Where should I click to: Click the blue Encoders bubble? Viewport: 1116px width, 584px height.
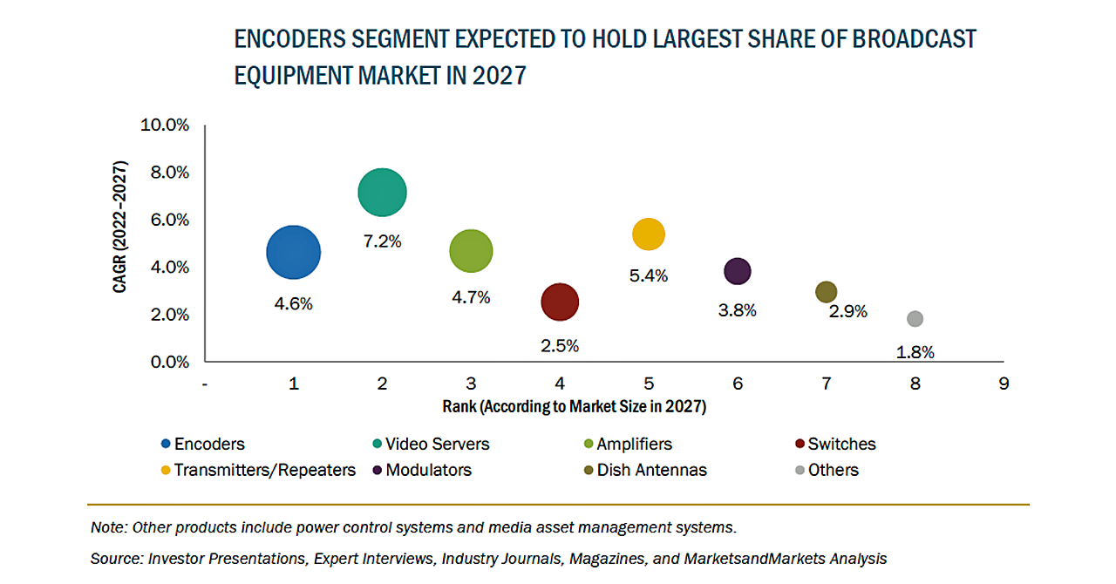pos(294,253)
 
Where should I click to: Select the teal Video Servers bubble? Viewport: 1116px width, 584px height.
pos(382,193)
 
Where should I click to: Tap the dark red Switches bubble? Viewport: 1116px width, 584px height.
pos(560,302)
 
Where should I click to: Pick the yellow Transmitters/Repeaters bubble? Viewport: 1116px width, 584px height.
pos(648,234)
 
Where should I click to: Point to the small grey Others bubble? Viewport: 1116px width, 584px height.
pos(915,319)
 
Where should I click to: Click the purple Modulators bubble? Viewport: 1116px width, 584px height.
pos(738,272)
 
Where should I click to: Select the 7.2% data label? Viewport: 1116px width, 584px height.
pos(382,241)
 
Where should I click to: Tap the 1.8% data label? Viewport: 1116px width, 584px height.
pos(915,352)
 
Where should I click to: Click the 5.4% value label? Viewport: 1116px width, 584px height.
pos(648,275)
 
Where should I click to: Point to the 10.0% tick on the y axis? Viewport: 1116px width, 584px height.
pos(165,126)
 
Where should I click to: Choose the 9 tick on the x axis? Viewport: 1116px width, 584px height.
pos(1004,383)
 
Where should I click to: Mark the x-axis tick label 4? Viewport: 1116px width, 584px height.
pos(560,383)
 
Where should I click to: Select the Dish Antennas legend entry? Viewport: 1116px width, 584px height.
pos(651,470)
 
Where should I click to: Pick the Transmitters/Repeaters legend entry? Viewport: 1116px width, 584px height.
pos(264,470)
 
